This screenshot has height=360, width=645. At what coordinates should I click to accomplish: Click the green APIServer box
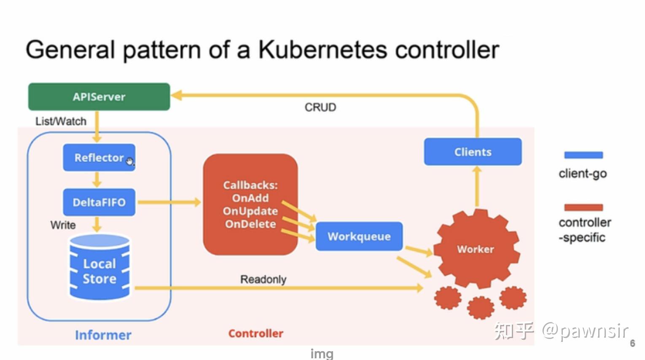point(99,97)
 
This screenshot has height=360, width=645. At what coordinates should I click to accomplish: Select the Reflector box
point(99,158)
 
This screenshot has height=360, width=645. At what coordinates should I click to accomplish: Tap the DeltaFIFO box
point(99,202)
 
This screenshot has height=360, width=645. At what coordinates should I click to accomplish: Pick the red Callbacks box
point(250,204)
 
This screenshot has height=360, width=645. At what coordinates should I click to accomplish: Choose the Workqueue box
point(359,236)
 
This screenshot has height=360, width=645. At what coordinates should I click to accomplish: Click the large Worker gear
point(476,249)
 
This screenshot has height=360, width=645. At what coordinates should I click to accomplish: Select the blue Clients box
point(473,152)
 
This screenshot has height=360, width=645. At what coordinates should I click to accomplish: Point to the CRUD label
point(320,107)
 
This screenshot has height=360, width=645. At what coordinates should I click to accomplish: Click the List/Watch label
point(61,121)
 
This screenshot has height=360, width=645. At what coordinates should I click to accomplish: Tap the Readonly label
point(263,279)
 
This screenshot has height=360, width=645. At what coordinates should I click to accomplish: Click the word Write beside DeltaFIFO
point(63,225)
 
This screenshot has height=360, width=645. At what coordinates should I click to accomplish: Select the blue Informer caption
point(103,335)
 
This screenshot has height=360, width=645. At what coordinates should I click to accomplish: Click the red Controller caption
point(256,333)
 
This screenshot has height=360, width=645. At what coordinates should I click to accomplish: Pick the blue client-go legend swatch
point(583,155)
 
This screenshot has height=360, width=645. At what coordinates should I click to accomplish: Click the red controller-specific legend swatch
point(583,207)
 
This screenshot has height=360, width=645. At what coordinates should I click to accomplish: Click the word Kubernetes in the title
point(322,50)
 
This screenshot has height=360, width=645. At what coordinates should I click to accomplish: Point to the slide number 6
point(632,343)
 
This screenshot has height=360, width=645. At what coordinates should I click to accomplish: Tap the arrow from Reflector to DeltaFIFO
point(97,180)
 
